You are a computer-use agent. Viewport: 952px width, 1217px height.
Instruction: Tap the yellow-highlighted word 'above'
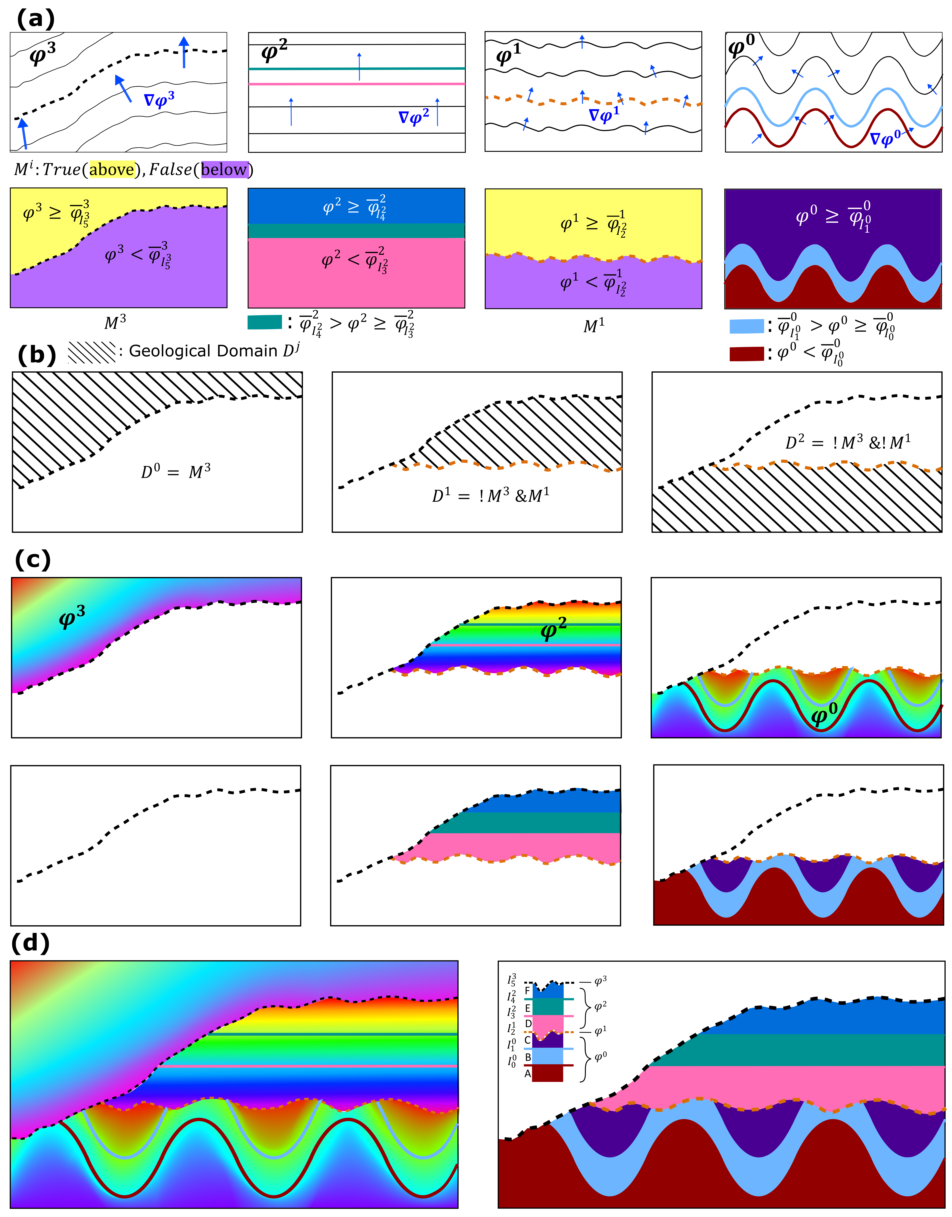tap(111, 169)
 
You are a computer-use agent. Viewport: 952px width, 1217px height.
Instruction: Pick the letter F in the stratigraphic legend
tap(527, 991)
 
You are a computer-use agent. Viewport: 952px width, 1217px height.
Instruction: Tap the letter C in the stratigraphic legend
tap(527, 1040)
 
